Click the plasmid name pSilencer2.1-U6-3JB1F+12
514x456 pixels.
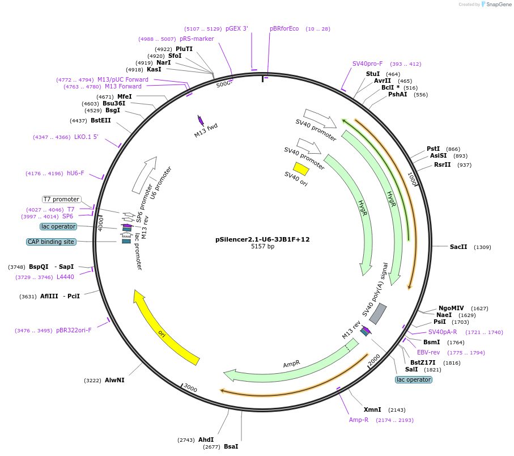[262, 239]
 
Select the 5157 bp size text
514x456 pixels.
[262, 247]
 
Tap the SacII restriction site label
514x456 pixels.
[458, 247]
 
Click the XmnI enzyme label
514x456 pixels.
[372, 409]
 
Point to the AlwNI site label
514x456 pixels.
[114, 380]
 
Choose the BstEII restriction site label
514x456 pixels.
[101, 120]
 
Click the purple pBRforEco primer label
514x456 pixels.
[284, 28]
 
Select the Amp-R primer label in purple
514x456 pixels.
[359, 420]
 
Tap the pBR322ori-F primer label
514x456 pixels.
[74, 330]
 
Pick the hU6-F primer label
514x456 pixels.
[75, 173]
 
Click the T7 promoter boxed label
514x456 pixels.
[62, 199]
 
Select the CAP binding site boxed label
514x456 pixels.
[50, 242]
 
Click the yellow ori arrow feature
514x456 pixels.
[164, 328]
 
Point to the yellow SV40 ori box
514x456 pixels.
[301, 169]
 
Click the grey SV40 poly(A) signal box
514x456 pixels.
[378, 314]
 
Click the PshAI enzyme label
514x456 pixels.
[397, 94]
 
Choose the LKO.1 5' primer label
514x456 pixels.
[86, 137]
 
